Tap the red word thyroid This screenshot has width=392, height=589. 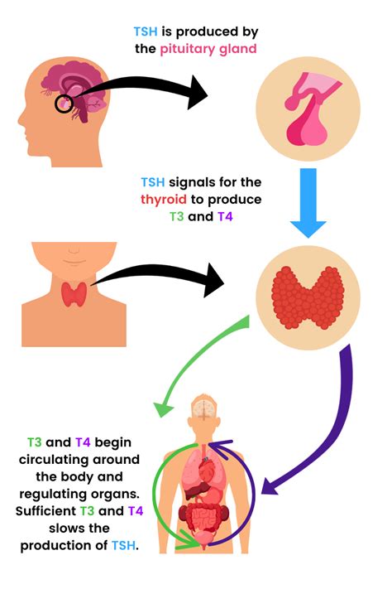tap(164, 199)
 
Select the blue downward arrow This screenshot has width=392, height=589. tap(308, 203)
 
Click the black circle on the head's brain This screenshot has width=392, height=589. tap(64, 104)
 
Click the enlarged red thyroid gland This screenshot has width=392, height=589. tap(308, 297)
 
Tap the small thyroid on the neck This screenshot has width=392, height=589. tap(74, 294)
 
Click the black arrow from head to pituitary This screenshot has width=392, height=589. tap(142, 89)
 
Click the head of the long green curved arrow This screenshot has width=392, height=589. tap(163, 408)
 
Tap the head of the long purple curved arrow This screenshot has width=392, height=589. tap(270, 486)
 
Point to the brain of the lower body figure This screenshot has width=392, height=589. tap(203, 408)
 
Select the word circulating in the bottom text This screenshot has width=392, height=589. tap(79, 460)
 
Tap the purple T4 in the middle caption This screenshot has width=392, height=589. tap(225, 216)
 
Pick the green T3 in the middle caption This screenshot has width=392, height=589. tap(176, 216)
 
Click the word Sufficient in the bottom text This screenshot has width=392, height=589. tap(45, 511)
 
